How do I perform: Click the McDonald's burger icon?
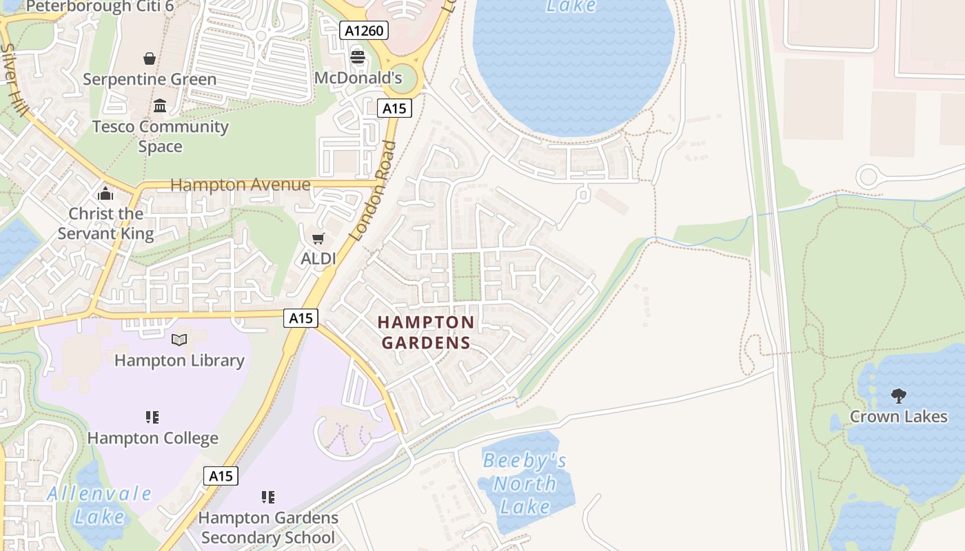coord(357,57)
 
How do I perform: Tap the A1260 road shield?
coord(364,30)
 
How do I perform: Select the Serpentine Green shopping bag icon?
coord(150,59)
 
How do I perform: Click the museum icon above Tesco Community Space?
coord(160,105)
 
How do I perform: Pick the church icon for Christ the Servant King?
coord(105,194)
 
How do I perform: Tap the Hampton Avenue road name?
coord(240,185)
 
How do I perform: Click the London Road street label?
coord(373,191)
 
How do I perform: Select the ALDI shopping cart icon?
coord(318,238)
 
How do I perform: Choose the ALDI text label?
coord(318,259)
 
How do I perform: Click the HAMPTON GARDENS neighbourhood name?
coord(426,333)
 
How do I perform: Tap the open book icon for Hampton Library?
coord(179,340)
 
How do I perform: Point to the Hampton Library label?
coord(179,360)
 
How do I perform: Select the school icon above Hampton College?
coord(152,417)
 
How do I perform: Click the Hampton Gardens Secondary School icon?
coord(268,497)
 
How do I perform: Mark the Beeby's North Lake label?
coord(525,484)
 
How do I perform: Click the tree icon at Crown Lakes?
coord(898,395)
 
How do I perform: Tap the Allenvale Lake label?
coord(100,505)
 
